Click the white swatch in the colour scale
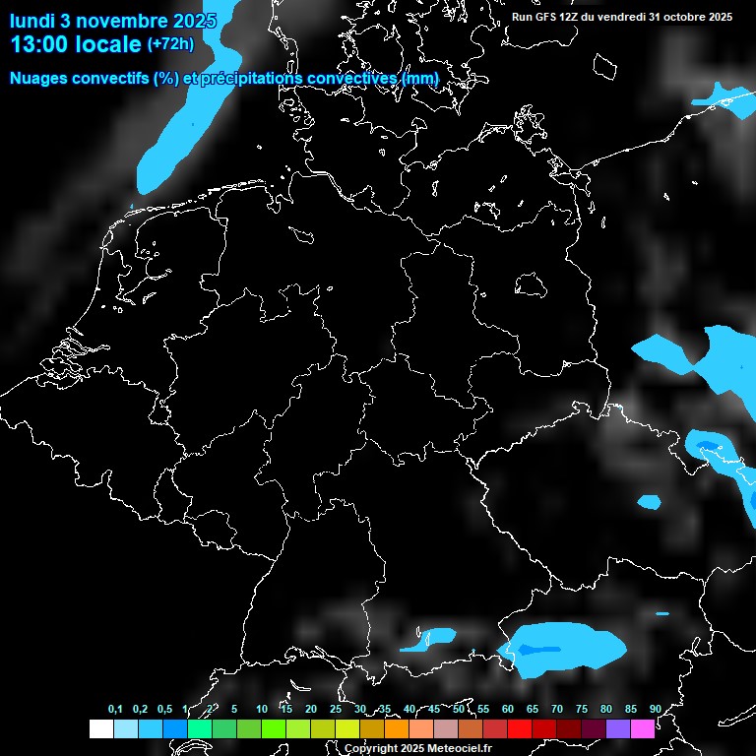[x=100, y=728]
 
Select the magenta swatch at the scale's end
[x=643, y=728]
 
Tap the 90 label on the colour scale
[x=655, y=709]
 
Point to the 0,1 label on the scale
[x=115, y=709]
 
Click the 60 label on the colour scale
[x=508, y=709]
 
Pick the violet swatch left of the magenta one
[x=618, y=728]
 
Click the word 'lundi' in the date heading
[x=32, y=20]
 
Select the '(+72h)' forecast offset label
[x=170, y=44]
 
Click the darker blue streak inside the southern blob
[x=540, y=650]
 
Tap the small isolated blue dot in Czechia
[x=649, y=502]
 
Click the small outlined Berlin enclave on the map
[x=532, y=284]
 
